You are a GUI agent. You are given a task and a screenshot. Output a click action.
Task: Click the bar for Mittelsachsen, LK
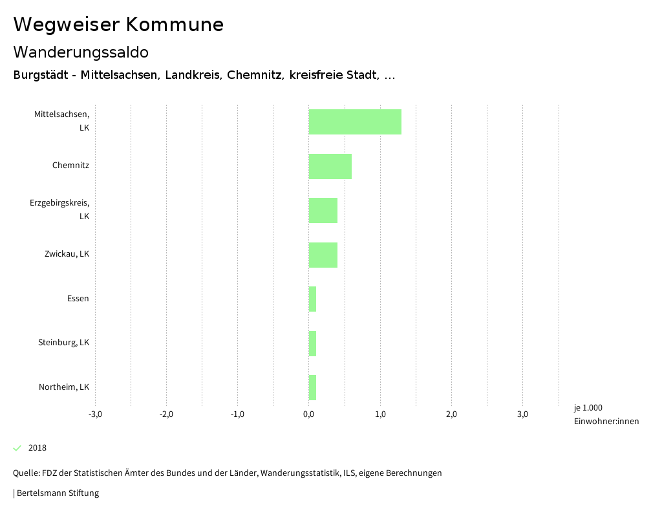(x=355, y=122)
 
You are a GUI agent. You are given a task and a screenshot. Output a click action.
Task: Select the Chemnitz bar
(x=330, y=166)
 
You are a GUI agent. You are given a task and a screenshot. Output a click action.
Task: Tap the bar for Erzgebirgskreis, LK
(x=323, y=210)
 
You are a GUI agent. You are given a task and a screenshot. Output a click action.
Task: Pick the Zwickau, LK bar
(x=323, y=255)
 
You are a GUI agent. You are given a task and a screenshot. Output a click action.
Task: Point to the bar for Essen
(x=312, y=299)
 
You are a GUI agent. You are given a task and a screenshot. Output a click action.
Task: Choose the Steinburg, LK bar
(x=312, y=343)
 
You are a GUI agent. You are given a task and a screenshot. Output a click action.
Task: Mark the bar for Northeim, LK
(x=312, y=387)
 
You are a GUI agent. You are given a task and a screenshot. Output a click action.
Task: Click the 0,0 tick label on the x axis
(x=308, y=414)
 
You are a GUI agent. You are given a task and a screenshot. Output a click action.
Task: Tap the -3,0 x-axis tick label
(x=95, y=414)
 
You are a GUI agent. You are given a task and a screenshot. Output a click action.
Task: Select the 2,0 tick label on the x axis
(x=451, y=414)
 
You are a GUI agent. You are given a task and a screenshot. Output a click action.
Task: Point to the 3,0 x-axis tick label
(x=522, y=414)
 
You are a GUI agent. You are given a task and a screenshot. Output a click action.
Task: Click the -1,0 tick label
(x=237, y=414)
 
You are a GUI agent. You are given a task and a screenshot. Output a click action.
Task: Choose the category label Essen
(x=78, y=299)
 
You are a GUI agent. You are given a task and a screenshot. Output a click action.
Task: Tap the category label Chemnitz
(x=70, y=166)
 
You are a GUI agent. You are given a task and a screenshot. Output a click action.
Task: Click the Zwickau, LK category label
(x=67, y=254)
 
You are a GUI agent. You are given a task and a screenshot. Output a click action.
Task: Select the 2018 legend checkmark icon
(x=17, y=448)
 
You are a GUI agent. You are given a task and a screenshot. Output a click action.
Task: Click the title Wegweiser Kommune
(x=118, y=25)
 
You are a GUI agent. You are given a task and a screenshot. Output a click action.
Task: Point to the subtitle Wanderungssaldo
(x=81, y=52)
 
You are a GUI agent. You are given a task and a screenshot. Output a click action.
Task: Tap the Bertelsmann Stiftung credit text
(x=57, y=493)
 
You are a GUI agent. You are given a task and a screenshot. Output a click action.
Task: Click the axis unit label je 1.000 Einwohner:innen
(x=606, y=414)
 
